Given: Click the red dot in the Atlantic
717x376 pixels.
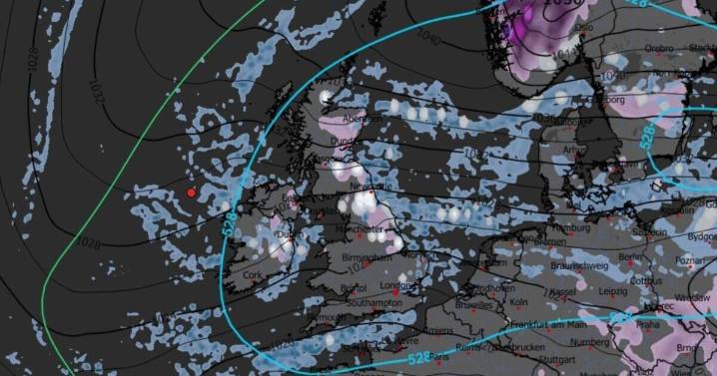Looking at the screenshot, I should pos(191,192).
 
